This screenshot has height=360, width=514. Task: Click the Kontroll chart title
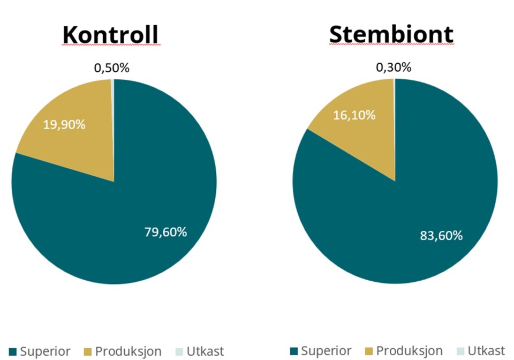[110, 34]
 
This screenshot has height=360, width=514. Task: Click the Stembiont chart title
[391, 34]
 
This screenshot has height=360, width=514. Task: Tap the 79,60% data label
[165, 232]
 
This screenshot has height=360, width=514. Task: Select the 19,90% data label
[64, 124]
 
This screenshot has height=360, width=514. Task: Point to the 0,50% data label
[112, 68]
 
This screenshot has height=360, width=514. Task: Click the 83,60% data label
[441, 235]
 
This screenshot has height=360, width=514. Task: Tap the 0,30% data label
[394, 67]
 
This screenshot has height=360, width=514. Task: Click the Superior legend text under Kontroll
[45, 352]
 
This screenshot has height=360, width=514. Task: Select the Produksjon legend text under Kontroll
[128, 352]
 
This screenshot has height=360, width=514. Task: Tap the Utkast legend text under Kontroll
[205, 352]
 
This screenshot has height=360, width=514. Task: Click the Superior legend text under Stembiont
[326, 352]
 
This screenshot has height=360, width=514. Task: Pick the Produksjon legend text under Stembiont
[410, 352]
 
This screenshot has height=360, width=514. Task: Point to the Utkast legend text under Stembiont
[486, 352]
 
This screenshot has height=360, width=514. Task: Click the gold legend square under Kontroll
[88, 352]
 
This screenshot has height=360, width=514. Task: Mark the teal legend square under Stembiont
[294, 352]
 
